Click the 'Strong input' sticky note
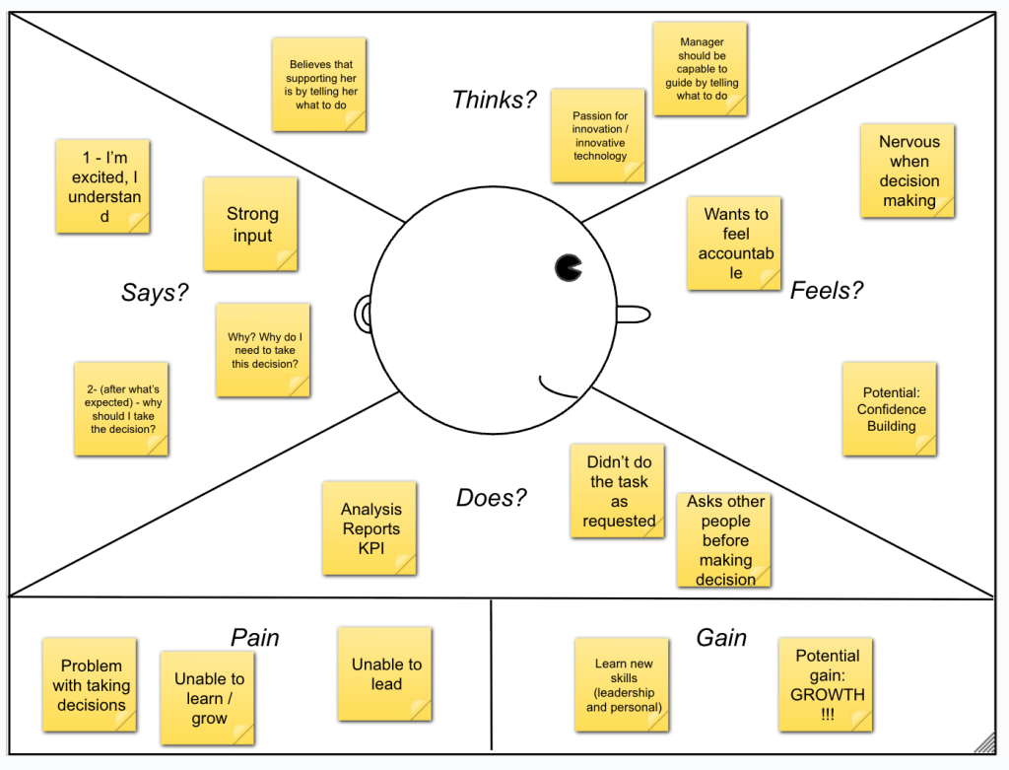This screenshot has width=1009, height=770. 251,224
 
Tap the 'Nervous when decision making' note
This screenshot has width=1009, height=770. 908,171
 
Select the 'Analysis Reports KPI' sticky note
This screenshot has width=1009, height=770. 370,528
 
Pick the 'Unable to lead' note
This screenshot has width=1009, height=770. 385,674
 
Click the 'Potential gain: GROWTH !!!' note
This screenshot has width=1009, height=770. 826,684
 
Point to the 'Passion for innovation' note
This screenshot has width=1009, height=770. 598,136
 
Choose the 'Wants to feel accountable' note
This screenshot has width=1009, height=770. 735,243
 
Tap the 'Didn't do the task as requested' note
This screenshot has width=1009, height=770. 618,491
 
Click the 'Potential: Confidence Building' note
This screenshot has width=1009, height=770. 890,409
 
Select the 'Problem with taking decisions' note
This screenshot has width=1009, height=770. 90,685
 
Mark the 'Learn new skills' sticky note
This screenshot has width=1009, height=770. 623,685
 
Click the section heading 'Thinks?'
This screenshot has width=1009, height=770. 495,99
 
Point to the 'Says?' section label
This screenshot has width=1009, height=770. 155,292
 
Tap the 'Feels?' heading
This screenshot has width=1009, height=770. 827,290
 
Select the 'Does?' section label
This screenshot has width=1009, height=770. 492,498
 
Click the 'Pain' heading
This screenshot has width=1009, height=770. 255,638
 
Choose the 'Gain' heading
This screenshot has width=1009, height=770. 721,638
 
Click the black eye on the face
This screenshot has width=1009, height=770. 569,266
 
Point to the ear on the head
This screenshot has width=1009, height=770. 363,314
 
